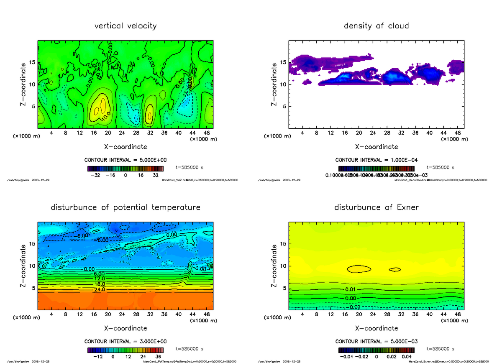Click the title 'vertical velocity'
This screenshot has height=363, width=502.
click(125, 26)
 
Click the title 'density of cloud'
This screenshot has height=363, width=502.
click(376, 26)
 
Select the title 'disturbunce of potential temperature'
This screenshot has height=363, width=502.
click(125, 207)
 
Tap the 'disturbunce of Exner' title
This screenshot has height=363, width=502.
click(376, 207)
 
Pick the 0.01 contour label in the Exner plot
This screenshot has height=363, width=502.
click(351, 289)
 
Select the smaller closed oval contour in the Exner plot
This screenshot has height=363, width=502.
click(394, 270)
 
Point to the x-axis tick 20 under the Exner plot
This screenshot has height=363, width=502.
click(359, 314)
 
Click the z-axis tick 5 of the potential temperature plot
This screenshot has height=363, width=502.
click(33, 288)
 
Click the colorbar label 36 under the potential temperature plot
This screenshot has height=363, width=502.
click(159, 357)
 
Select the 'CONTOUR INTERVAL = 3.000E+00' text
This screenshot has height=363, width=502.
click(125, 341)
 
